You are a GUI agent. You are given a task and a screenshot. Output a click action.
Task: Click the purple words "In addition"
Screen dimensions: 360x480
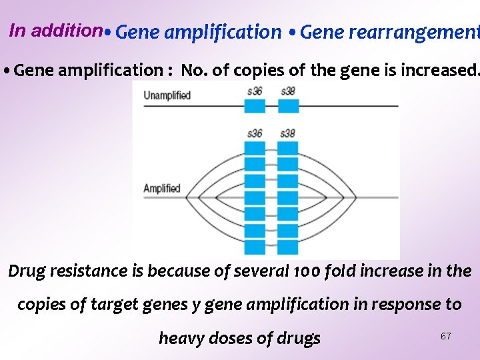point(55,30)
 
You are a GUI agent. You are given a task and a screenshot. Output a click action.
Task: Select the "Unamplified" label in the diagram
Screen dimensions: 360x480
point(167,95)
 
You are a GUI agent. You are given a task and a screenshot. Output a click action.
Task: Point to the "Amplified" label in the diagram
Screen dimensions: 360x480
point(162,188)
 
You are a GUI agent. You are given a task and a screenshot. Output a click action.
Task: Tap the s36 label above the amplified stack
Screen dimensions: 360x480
point(254,133)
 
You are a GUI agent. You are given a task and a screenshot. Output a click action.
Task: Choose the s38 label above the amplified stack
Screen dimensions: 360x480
point(288,133)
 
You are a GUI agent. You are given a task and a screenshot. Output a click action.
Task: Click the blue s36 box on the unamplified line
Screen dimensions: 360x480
point(254,106)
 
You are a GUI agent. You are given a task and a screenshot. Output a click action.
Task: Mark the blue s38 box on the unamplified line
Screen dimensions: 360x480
point(288,106)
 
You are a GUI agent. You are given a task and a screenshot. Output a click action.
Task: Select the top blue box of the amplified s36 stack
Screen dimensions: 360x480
point(254,147)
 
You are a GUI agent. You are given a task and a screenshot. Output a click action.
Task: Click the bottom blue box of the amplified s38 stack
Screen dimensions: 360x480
point(288,247)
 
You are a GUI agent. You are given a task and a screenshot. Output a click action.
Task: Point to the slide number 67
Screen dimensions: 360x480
point(445,336)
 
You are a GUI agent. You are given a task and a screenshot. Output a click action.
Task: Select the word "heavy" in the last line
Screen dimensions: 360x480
point(181,339)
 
